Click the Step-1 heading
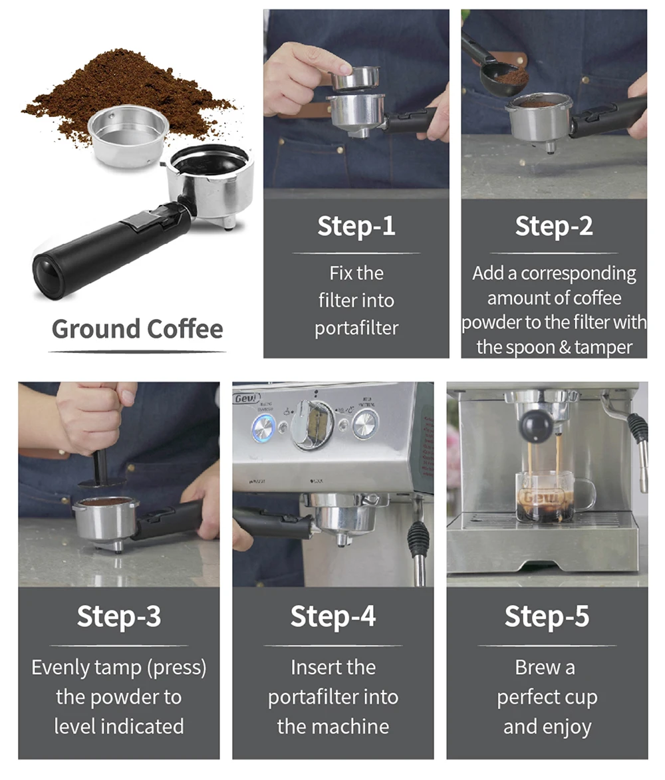pos(356,226)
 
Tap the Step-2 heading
pos(553,226)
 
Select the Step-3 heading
pos(118,616)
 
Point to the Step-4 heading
pos(332,616)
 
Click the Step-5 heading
pos(547,616)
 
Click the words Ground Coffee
pos(137,329)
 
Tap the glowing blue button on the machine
pos(264,428)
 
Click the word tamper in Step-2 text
pos(602,347)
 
